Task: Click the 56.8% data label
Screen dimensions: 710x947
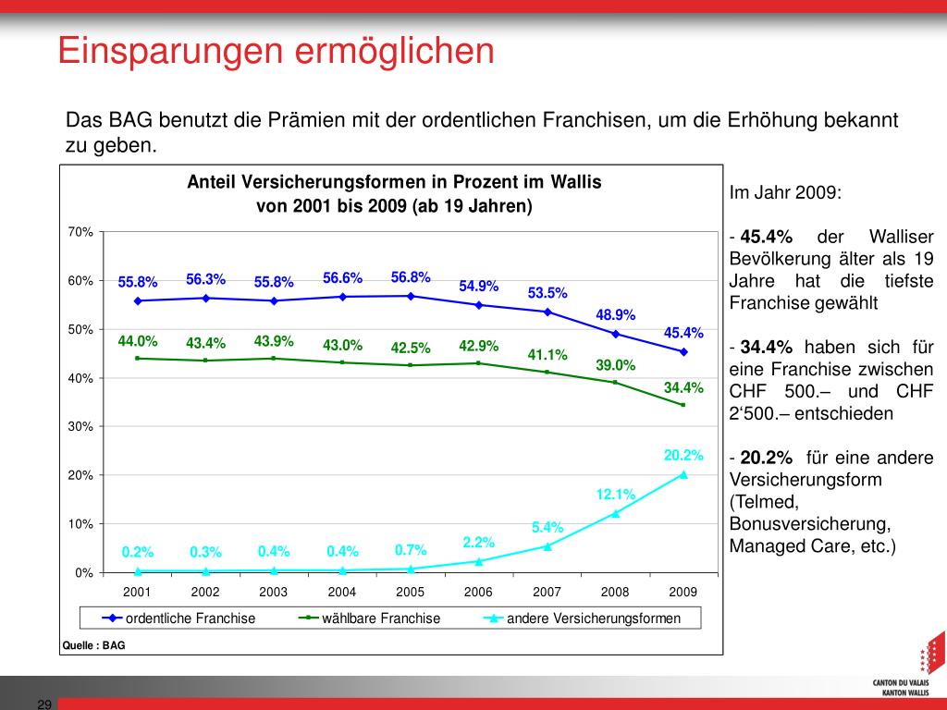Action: (411, 277)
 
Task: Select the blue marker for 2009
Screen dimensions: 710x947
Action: (683, 351)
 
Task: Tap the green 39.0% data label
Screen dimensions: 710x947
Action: (615, 365)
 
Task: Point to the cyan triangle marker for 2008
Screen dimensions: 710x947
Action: (616, 513)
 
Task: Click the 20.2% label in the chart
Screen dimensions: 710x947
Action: (683, 455)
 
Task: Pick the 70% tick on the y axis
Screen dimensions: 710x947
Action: (80, 232)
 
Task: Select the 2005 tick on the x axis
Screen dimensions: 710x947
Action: (411, 592)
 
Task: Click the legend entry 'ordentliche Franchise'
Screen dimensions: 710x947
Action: (190, 618)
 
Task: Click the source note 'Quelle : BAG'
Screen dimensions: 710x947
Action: (93, 645)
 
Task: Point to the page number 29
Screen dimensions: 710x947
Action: (43, 704)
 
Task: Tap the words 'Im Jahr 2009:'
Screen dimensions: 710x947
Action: (785, 193)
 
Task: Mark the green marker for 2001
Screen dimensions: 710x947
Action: (138, 358)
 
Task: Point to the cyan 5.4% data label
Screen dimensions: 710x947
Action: (547, 527)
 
